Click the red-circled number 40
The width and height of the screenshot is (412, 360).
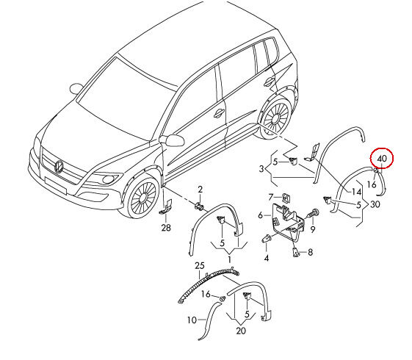(382, 159)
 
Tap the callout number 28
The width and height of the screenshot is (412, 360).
(166, 228)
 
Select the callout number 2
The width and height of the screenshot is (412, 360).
(200, 190)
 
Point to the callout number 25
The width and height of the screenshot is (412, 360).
(200, 266)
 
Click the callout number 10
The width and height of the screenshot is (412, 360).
(192, 320)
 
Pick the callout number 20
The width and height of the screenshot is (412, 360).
(241, 331)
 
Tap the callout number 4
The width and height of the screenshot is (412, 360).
(267, 258)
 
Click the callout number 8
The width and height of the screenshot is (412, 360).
(311, 252)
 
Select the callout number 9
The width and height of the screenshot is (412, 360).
(313, 229)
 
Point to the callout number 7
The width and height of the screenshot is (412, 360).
(271, 197)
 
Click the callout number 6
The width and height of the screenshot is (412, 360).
(260, 215)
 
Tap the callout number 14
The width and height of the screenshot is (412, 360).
(357, 192)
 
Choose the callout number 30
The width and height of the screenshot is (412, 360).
(375, 204)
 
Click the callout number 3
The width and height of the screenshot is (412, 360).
(261, 168)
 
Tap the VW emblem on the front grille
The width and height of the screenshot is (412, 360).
(59, 166)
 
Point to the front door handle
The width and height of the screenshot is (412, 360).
(219, 113)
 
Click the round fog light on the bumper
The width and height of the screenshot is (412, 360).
(108, 179)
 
